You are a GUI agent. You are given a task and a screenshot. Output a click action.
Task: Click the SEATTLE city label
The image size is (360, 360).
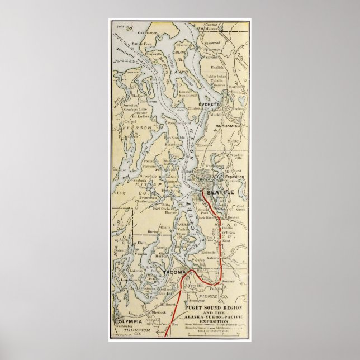(x=220, y=192)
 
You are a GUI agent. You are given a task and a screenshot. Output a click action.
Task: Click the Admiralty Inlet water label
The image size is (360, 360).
(x=131, y=56)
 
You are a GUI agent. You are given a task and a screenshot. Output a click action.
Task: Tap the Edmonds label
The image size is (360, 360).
(x=205, y=145)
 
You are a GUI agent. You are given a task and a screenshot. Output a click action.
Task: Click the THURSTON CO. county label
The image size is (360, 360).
(x=141, y=332)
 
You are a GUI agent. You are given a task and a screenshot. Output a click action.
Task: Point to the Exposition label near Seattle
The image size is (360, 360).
(x=234, y=177)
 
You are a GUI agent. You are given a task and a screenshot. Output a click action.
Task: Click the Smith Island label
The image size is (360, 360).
(x=120, y=25)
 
